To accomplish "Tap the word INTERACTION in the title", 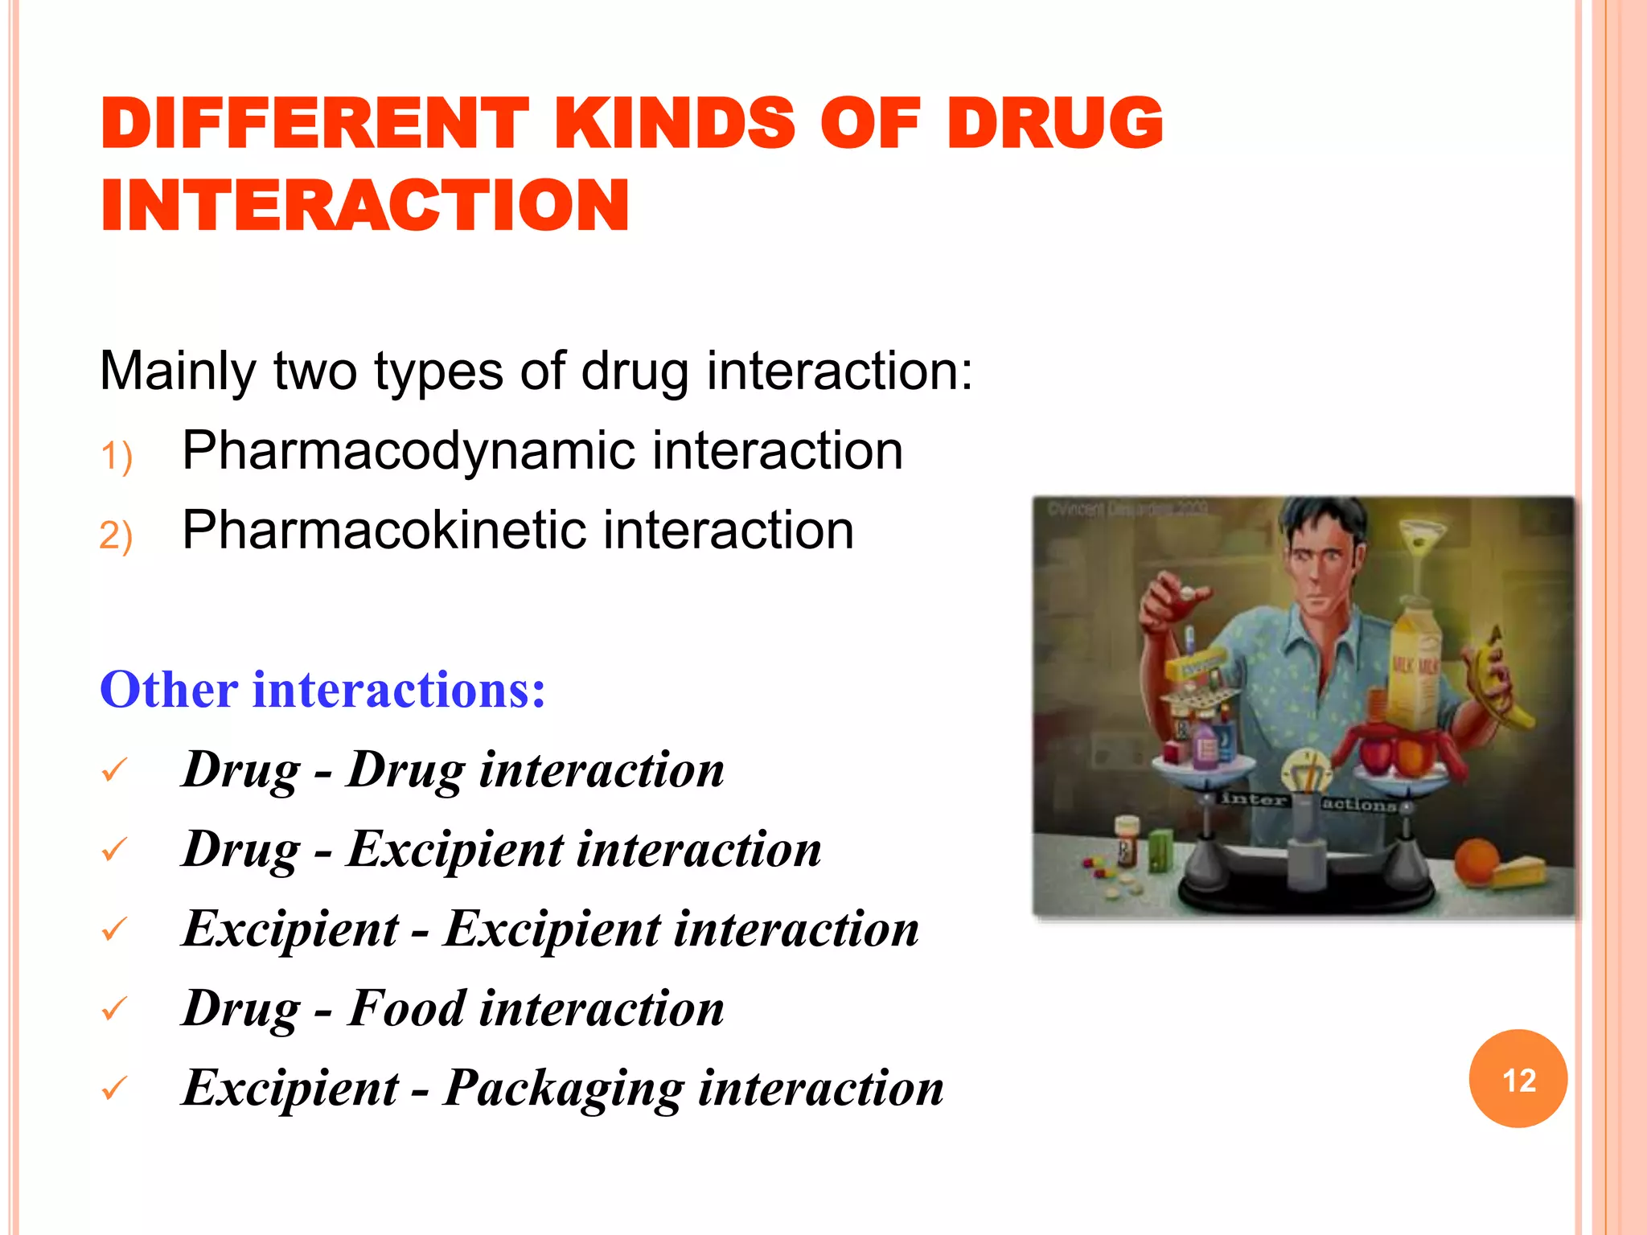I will (364, 206).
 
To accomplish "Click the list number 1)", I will (116, 457).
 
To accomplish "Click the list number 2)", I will (116, 535).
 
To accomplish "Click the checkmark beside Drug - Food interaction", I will (114, 1008).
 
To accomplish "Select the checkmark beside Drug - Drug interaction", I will (114, 770).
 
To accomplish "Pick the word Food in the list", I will (406, 1008).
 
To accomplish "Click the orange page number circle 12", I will (1518, 1079).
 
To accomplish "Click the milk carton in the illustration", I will (1415, 667).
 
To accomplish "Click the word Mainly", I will (178, 371).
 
